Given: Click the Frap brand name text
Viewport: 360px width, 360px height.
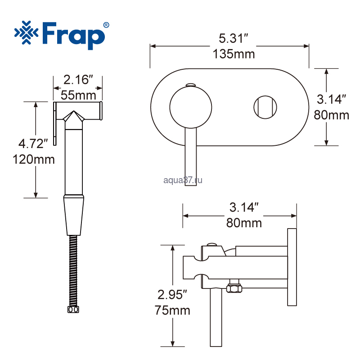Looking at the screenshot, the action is [73, 36].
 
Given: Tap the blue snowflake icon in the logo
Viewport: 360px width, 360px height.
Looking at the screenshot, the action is [26, 32].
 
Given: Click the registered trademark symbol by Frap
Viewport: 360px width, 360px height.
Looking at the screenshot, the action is [106, 25].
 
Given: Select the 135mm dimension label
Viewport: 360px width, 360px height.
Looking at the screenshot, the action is [234, 54].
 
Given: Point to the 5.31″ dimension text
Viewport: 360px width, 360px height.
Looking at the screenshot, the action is [234, 38].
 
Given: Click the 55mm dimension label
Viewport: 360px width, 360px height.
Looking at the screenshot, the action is [78, 95].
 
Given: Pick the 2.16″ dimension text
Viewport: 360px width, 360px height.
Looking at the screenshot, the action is [78, 80].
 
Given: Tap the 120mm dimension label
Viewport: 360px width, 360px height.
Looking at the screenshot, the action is [34, 159].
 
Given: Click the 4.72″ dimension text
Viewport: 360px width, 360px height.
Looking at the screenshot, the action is [33, 144].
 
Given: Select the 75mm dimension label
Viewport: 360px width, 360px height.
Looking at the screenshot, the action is [172, 310].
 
